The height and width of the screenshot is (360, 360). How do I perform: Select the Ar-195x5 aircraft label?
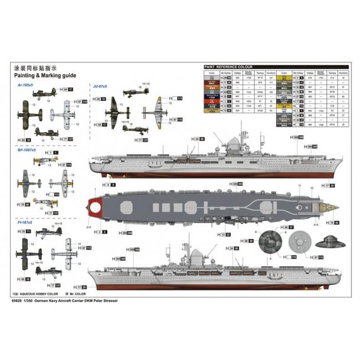(x=27, y=86)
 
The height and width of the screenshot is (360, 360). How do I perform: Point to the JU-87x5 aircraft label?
(x=102, y=86)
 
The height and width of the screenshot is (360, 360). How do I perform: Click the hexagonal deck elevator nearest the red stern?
(x=125, y=208)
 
